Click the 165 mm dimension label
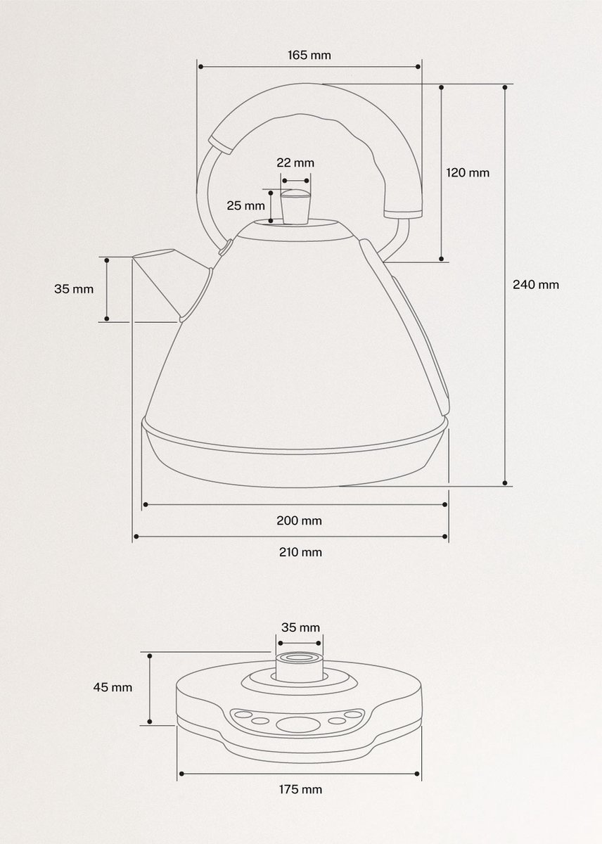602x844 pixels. [x=309, y=55]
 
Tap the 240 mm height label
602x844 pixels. [x=535, y=284]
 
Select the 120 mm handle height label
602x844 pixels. [x=468, y=172]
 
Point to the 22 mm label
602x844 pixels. [x=295, y=162]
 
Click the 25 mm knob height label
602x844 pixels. [x=245, y=205]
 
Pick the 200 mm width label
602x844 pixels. [x=299, y=520]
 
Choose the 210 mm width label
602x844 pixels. [x=300, y=552]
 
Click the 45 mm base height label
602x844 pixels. [x=113, y=687]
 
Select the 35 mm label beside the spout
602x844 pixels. [x=74, y=289]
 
